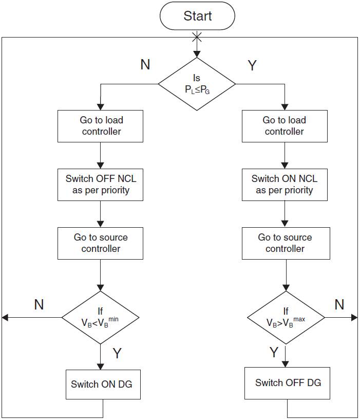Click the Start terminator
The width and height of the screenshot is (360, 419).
pos(197,16)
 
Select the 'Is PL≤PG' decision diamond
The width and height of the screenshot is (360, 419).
pos(197,84)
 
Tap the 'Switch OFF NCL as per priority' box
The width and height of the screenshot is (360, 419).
pos(101,185)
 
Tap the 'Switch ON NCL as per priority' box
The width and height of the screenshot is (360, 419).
pos(285,185)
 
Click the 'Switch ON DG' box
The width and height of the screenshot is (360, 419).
pos(101,384)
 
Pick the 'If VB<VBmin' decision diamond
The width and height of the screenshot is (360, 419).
pos(101,318)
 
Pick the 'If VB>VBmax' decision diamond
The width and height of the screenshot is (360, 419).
pos(286,318)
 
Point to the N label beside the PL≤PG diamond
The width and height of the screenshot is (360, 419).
pos(145,64)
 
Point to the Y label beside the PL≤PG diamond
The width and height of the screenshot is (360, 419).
pos(252,65)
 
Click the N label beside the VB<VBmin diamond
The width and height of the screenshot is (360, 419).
pos(39,304)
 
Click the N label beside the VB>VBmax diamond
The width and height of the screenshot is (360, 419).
pos(339,304)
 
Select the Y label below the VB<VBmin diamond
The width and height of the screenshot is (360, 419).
pos(117,353)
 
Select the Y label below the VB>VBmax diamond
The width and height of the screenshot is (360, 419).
pos(274,352)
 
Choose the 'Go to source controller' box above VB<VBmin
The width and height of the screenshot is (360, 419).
pos(101,243)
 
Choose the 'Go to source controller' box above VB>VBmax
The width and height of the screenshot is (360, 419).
pos(285,243)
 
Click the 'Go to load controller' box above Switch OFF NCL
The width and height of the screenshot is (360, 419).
pos(101,126)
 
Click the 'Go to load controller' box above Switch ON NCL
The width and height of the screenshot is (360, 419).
pos(285,126)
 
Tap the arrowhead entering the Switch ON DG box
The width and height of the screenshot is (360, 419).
pos(101,366)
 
